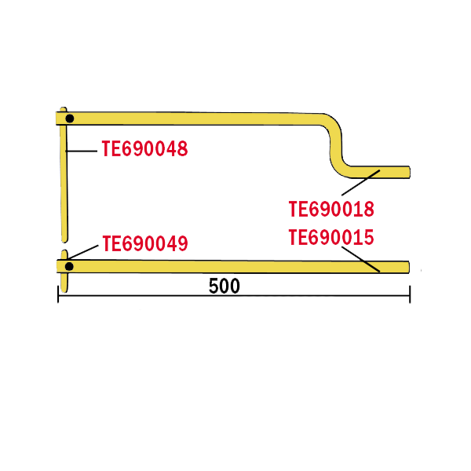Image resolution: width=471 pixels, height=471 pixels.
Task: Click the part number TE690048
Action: [x=145, y=148]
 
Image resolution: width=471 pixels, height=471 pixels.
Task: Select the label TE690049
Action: [x=145, y=244]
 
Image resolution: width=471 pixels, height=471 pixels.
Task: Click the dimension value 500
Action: [x=225, y=286]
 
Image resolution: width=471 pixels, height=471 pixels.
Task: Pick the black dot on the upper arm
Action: [x=70, y=119]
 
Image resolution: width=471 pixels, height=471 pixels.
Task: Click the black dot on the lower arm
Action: [x=69, y=266]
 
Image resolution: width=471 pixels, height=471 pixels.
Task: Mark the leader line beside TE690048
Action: [x=82, y=149]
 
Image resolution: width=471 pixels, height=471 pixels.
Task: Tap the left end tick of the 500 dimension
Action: [x=58, y=296]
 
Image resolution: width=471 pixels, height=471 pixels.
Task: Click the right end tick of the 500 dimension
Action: [x=410, y=296]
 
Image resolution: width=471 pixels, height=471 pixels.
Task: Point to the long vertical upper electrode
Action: [x=64, y=181]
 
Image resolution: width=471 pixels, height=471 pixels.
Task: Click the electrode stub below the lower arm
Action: [x=64, y=283]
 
